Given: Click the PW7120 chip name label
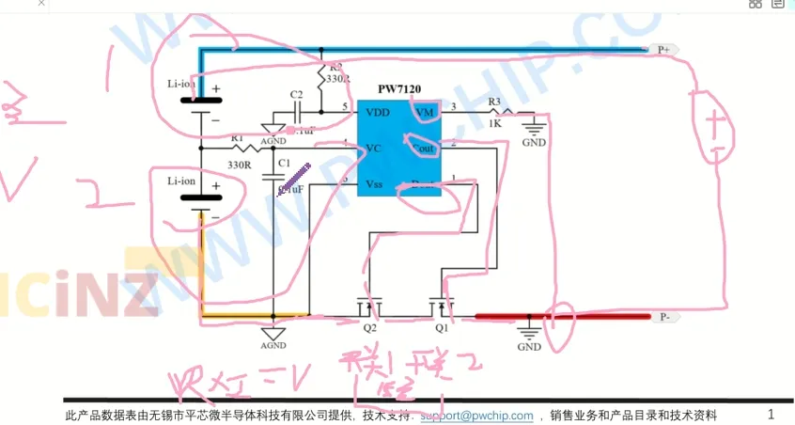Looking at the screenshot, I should tap(399, 89).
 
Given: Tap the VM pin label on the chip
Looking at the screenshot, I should tap(425, 112).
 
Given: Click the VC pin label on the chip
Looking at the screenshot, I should tap(372, 148).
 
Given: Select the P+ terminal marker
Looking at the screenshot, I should tap(663, 48).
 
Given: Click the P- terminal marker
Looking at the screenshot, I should tap(664, 318).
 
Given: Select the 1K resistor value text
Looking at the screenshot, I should tap(494, 123).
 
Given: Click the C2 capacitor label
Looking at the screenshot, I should tap(296, 95).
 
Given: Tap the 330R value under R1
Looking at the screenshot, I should tap(239, 165).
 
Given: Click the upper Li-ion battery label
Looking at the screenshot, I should tap(181, 84).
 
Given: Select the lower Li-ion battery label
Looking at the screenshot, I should tap(181, 180).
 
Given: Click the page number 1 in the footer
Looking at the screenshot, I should tap(772, 414).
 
